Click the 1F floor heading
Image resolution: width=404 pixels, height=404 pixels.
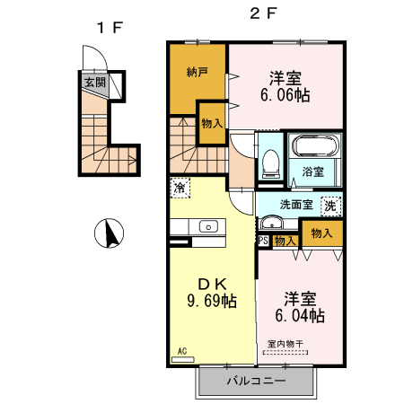coord(110,28)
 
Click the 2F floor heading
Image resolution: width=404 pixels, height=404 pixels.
coord(263,13)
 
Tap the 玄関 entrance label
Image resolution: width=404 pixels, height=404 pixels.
coord(95,82)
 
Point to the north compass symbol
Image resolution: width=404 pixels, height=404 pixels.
coord(109,233)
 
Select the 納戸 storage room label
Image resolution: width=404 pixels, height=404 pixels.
coord(198,72)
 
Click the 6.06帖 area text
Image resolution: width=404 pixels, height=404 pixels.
coord(285,95)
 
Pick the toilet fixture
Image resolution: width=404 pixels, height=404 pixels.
coord(271,163)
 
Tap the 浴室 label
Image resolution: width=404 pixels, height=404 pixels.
coord(312,171)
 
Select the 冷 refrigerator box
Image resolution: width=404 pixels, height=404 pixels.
coord(180,188)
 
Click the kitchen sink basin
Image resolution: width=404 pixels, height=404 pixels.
coord(208,226)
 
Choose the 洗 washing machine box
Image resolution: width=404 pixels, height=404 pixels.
coord(330,206)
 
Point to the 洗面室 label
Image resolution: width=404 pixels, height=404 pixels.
coord(296,205)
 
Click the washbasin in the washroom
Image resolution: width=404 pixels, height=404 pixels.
coord(271,223)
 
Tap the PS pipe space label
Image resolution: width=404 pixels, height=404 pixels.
coord(263,241)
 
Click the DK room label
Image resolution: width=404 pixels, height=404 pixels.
coord(212,284)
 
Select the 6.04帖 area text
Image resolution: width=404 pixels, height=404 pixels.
coord(300,315)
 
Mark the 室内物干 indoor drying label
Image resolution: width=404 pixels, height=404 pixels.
coord(285,344)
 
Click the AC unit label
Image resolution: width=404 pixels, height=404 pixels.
coord(182,351)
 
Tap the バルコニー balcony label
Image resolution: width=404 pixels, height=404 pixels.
coord(256,381)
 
